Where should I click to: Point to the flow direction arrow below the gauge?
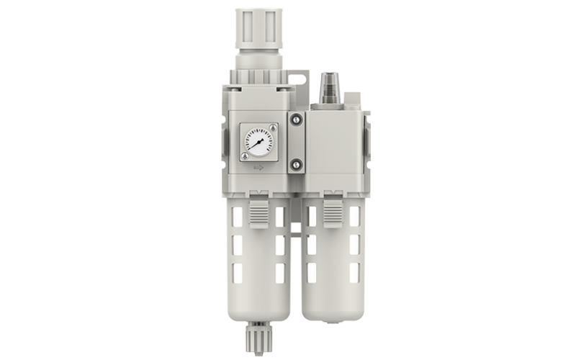click(259, 170)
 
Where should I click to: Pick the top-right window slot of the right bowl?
click(354, 216)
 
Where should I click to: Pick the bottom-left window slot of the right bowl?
click(312, 272)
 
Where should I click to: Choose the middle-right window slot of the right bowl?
click(354, 244)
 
